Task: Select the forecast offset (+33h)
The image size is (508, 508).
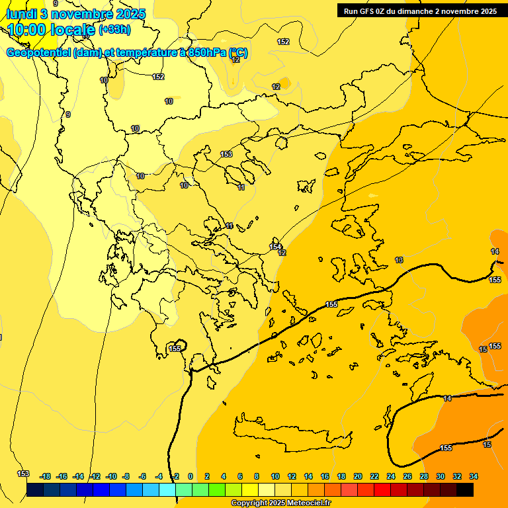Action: click(114, 29)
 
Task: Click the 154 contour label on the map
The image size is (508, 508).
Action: click(275, 247)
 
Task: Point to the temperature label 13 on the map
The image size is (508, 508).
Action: click(399, 260)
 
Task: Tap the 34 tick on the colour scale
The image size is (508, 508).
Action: click(474, 476)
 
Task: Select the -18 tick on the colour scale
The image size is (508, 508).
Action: click(46, 476)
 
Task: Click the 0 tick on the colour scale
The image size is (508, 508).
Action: click(190, 476)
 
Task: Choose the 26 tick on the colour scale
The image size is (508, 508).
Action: click(407, 476)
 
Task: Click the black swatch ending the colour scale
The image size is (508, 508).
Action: click(465, 489)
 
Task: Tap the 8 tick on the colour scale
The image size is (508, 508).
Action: click(257, 476)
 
